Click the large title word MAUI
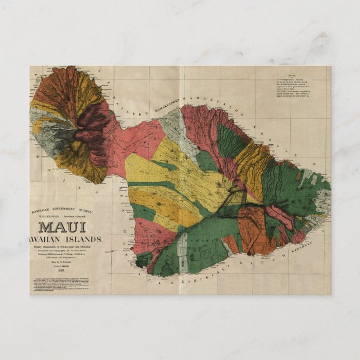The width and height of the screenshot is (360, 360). (x=62, y=228)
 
